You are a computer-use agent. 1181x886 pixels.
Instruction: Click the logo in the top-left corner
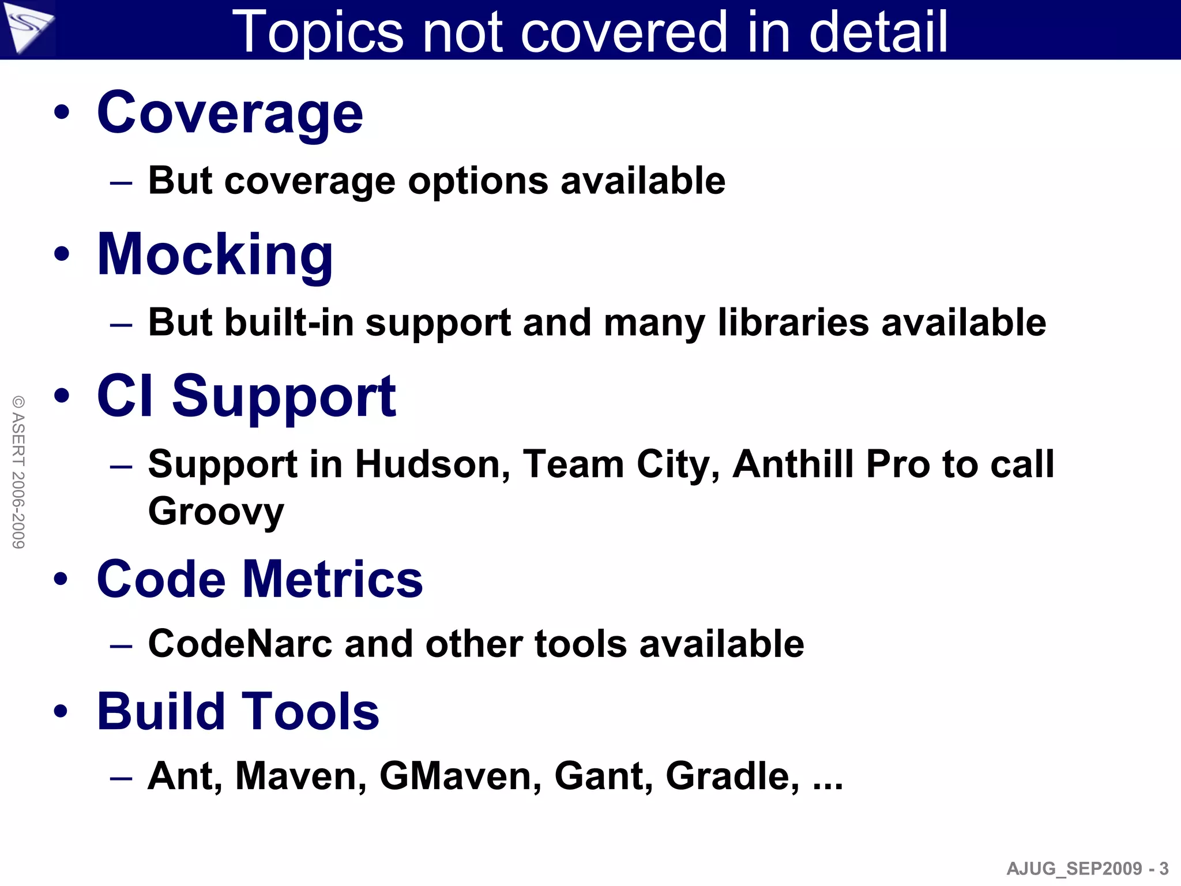click(27, 27)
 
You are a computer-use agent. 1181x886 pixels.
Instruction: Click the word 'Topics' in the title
click(318, 33)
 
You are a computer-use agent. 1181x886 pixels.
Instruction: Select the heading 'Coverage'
click(230, 113)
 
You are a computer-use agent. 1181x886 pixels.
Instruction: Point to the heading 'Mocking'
click(215, 255)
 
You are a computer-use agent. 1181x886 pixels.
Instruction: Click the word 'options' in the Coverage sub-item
click(478, 182)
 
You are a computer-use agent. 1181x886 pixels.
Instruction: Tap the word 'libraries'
click(793, 322)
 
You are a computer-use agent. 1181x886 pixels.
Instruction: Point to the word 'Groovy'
click(216, 512)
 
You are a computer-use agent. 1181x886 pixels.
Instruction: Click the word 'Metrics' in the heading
click(333, 579)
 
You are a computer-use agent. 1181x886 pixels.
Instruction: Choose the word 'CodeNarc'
click(240, 644)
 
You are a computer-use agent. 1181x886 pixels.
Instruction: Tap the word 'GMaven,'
click(460, 776)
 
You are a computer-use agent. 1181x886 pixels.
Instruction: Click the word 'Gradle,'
click(732, 776)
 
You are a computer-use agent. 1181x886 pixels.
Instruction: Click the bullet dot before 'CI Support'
click(62, 396)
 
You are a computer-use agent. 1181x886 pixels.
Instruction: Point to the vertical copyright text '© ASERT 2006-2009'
click(18, 472)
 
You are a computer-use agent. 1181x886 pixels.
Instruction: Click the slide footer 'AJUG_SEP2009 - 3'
click(1088, 868)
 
